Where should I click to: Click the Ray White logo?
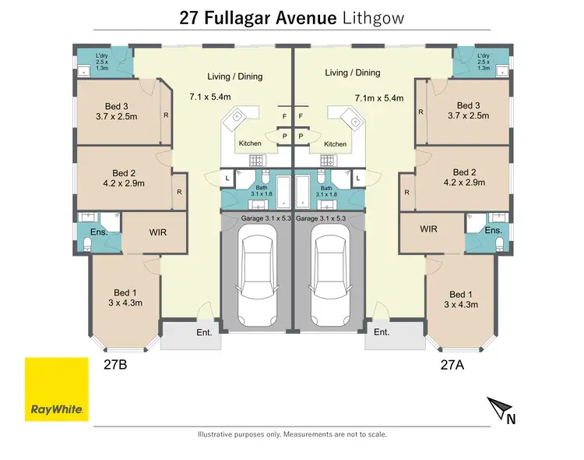click(x=57, y=390)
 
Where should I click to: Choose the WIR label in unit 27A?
click(x=429, y=229)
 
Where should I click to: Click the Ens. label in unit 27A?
click(x=493, y=231)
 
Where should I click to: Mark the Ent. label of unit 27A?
click(x=381, y=332)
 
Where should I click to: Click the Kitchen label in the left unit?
click(x=250, y=144)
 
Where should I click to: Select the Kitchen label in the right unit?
click(x=336, y=144)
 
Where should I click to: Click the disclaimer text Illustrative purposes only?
click(x=239, y=434)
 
